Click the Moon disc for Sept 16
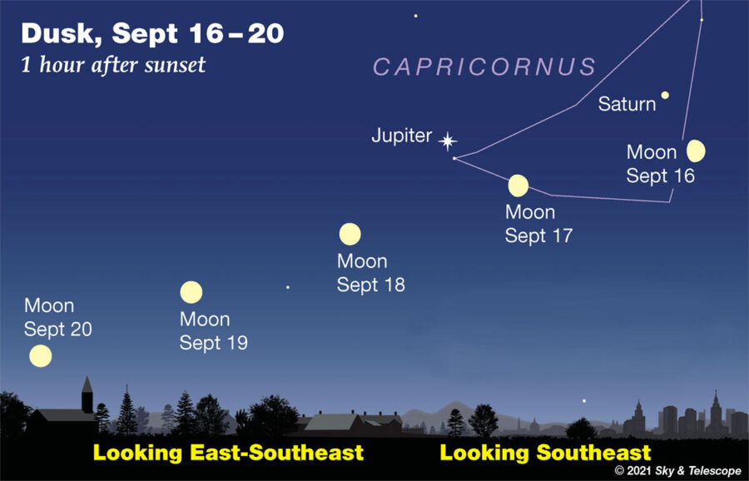697,151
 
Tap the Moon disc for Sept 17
518,186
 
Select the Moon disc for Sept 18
350,234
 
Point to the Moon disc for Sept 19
191,292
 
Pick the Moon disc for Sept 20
40,356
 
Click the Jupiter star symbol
448,141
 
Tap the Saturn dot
665,96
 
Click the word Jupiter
402,136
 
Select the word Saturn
627,105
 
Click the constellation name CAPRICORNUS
485,67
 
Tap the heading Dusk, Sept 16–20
152,34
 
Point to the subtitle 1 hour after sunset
113,66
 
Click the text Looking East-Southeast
228,453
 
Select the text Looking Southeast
545,453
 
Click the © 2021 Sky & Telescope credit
677,471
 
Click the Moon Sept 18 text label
370,273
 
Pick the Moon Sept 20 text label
57,318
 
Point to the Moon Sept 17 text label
538,224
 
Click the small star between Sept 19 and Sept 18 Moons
288,287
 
